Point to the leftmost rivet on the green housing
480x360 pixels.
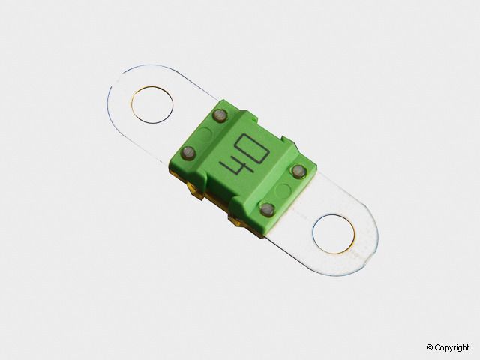(x=189, y=153)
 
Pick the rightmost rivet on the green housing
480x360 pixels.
(x=298, y=172)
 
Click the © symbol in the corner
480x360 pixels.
(x=430, y=347)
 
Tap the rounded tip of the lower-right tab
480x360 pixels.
(x=372, y=247)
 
